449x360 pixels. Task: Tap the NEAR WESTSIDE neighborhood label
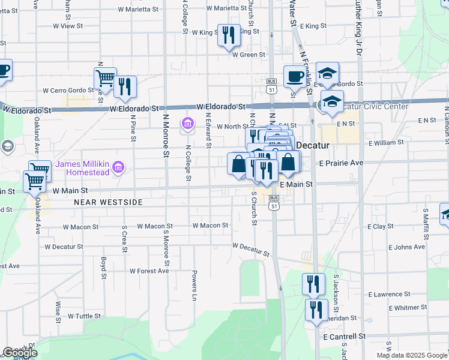coord(108,202)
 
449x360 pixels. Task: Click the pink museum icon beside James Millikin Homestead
coord(119,166)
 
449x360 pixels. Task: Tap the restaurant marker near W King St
coord(228,36)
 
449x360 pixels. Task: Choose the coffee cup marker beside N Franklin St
coord(294,76)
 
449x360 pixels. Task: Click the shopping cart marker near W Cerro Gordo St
coord(104,79)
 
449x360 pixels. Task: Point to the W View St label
coord(68,26)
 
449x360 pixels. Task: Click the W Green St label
coord(249,55)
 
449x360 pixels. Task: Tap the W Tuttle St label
coord(84,316)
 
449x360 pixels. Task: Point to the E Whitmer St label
coord(408,307)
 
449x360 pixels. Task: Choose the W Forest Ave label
coord(146,271)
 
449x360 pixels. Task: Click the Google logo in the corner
coord(20,353)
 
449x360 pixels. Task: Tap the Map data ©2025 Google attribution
coord(412,355)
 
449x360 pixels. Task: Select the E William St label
coord(386,143)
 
